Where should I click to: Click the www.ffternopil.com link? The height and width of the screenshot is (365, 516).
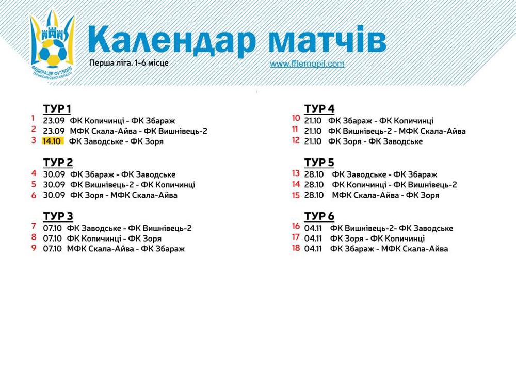click(307, 64)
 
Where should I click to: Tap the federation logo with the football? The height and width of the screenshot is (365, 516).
click(52, 46)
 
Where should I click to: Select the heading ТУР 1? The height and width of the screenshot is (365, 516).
click(57, 108)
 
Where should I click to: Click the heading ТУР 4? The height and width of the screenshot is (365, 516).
click(319, 108)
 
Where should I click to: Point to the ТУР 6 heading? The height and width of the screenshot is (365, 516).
click(319, 216)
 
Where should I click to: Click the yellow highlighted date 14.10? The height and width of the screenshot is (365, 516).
click(52, 141)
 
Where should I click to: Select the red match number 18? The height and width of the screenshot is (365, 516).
click(296, 248)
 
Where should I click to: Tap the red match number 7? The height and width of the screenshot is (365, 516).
click(34, 226)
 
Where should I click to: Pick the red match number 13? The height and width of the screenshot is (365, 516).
click(296, 173)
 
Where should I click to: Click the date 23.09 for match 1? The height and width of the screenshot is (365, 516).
click(54, 121)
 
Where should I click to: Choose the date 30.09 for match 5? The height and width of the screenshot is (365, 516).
click(54, 185)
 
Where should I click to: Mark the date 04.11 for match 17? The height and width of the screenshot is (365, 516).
click(313, 239)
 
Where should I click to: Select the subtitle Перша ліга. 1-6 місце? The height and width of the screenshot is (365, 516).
click(128, 63)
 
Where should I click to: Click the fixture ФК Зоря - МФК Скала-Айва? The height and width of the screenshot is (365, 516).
click(124, 195)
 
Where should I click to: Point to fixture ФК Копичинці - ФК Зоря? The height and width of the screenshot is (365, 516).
click(114, 239)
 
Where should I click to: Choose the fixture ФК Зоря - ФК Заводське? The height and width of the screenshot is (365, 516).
click(375, 141)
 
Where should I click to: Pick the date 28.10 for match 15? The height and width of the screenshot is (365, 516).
click(314, 195)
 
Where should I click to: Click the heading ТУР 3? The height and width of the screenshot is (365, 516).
click(58, 216)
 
